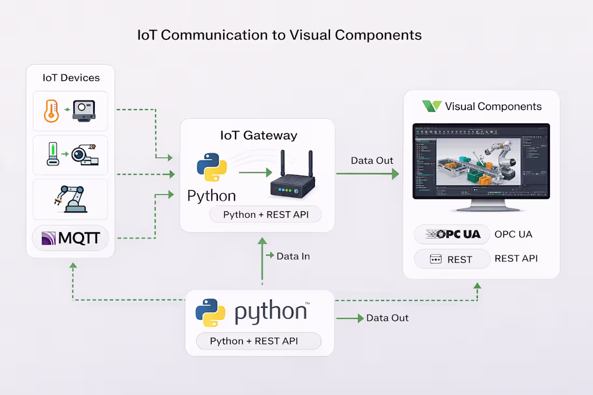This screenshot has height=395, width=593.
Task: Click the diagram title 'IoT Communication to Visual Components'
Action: tap(279, 35)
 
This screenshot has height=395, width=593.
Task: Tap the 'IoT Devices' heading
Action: tap(71, 78)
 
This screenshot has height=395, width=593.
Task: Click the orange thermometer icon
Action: tap(51, 110)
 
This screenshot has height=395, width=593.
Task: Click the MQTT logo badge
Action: tap(71, 238)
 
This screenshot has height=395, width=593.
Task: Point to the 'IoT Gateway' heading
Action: tap(258, 135)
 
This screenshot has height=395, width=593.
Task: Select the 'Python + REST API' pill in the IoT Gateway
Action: tap(265, 214)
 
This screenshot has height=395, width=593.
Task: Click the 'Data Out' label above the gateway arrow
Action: tap(372, 161)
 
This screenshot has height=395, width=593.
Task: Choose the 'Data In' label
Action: tap(293, 257)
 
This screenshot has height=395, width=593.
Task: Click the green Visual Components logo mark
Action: tap(432, 106)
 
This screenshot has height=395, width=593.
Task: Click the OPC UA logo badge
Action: tap(452, 234)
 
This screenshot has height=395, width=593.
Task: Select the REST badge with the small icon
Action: tap(452, 259)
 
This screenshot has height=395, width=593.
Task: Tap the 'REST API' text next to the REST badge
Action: tap(516, 259)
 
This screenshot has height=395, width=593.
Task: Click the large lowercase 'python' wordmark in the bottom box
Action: tap(271, 313)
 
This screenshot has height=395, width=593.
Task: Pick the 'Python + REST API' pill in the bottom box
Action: tap(253, 341)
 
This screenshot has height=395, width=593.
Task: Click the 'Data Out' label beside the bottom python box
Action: tap(387, 318)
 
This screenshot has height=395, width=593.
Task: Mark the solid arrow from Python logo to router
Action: tap(255, 172)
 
